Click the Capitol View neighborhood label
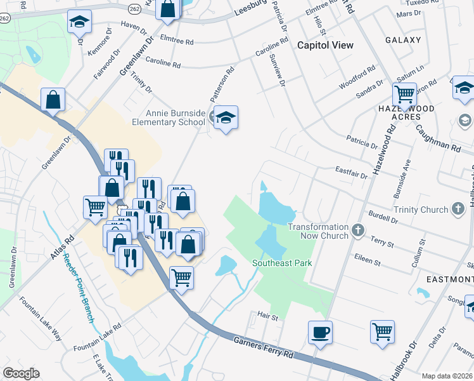coord(326,45)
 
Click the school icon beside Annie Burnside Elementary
coord(225,117)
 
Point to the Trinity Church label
coord(420,209)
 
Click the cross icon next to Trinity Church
coord(458,209)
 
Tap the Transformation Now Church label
coord(317,231)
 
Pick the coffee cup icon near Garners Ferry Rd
coord(320,331)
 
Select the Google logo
coord(21,373)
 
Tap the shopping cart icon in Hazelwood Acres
coord(404,95)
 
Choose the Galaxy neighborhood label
coord(402,40)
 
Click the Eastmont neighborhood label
coord(449,279)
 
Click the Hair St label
coord(267,316)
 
